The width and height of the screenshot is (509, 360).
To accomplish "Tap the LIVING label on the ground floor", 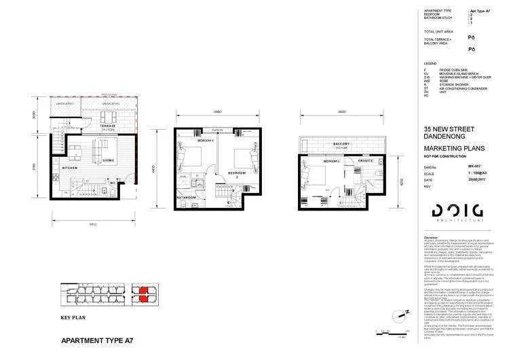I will tap(108, 161).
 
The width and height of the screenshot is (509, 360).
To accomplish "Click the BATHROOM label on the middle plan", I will tap(186, 197).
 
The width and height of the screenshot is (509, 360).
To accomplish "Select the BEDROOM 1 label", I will tap(332, 161).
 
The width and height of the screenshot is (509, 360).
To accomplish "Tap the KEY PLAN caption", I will tap(74, 317).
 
